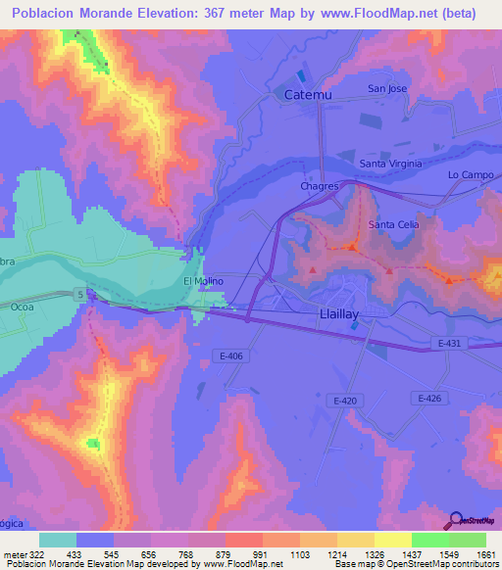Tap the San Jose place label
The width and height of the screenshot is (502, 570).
[x=387, y=88]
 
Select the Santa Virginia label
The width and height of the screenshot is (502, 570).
[x=389, y=164]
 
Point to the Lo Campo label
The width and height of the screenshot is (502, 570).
[x=467, y=174]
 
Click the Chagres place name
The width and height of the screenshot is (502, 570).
[x=320, y=185]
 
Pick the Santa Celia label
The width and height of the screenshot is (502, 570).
[x=393, y=225]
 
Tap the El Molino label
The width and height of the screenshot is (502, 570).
[x=205, y=281]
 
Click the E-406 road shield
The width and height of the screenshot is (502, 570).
[x=231, y=356]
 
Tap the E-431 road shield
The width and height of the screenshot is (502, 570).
[x=446, y=343]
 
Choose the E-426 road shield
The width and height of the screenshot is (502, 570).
[x=430, y=397]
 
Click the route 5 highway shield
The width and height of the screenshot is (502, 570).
[x=77, y=293]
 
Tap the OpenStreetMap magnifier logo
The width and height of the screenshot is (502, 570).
[x=455, y=520]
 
